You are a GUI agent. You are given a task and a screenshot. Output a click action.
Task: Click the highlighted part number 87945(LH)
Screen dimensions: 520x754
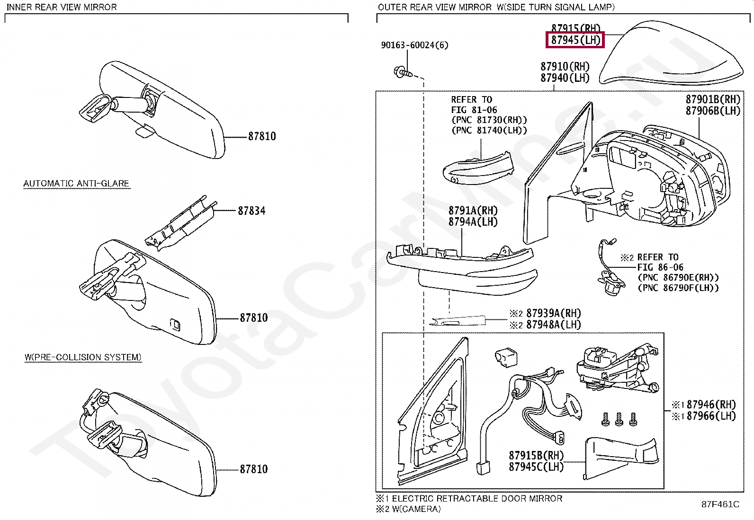click(x=575, y=40)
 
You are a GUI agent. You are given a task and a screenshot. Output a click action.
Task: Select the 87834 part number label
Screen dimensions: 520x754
click(x=251, y=211)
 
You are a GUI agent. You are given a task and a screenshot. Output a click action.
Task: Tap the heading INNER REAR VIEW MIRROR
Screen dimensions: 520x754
click(x=62, y=7)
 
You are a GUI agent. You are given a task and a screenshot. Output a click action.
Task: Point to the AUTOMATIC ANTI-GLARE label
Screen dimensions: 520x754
click(x=76, y=184)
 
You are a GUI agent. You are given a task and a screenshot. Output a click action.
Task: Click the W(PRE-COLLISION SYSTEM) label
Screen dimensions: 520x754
click(x=83, y=357)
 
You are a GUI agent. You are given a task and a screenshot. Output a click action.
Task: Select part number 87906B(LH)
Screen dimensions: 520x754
click(x=712, y=111)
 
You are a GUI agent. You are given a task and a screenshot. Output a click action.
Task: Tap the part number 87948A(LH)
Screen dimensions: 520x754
click(x=553, y=325)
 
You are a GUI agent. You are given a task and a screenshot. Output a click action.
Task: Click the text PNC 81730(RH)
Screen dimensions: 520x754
click(x=489, y=120)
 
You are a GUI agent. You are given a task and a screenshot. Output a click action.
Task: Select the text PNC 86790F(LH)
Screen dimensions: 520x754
click(x=678, y=288)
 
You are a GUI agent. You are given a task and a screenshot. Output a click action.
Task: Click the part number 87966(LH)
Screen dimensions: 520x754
click(x=711, y=416)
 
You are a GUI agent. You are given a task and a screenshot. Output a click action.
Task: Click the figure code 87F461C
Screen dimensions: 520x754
click(x=720, y=504)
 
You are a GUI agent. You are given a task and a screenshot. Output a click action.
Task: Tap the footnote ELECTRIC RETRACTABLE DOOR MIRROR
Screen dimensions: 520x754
click(x=476, y=499)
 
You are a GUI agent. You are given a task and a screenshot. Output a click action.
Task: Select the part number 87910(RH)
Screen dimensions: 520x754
click(x=565, y=66)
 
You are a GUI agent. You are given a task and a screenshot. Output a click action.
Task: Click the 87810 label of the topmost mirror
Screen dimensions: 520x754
click(x=261, y=136)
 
